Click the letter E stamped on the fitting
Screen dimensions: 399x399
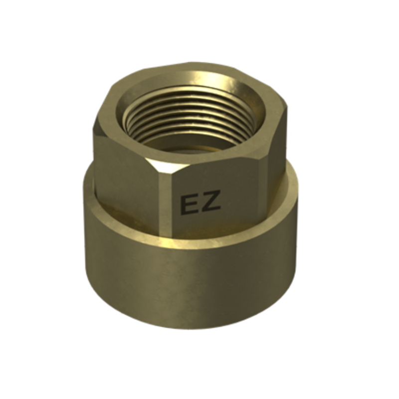pyautogui.click(x=189, y=205)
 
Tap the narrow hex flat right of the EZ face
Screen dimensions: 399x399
pyautogui.click(x=276, y=163)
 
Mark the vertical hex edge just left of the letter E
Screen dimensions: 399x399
pyautogui.click(x=166, y=203)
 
